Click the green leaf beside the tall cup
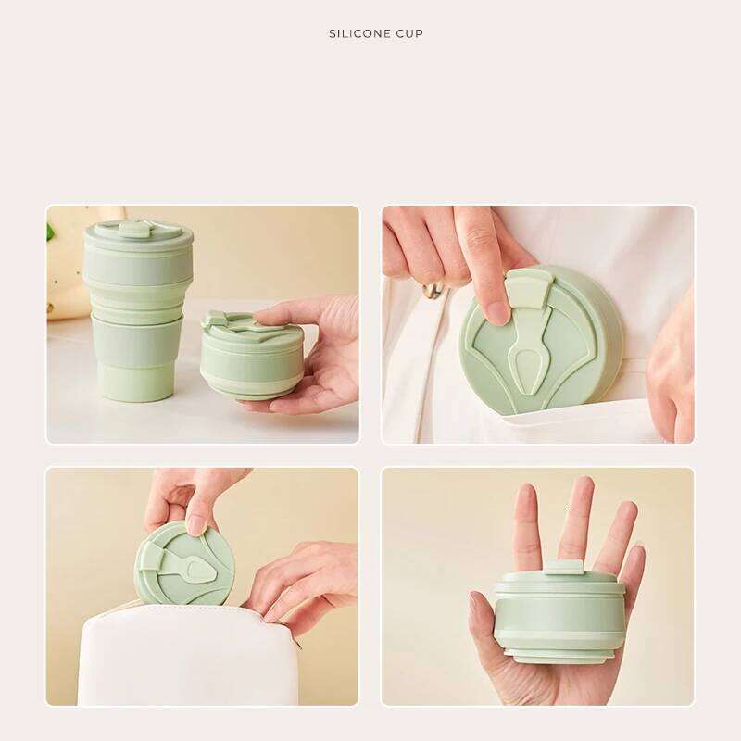click(50, 232)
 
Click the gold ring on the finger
click(433, 290)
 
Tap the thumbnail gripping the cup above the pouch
click(195, 525)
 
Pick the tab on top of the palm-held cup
click(563, 566)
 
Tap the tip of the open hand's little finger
click(634, 552)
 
